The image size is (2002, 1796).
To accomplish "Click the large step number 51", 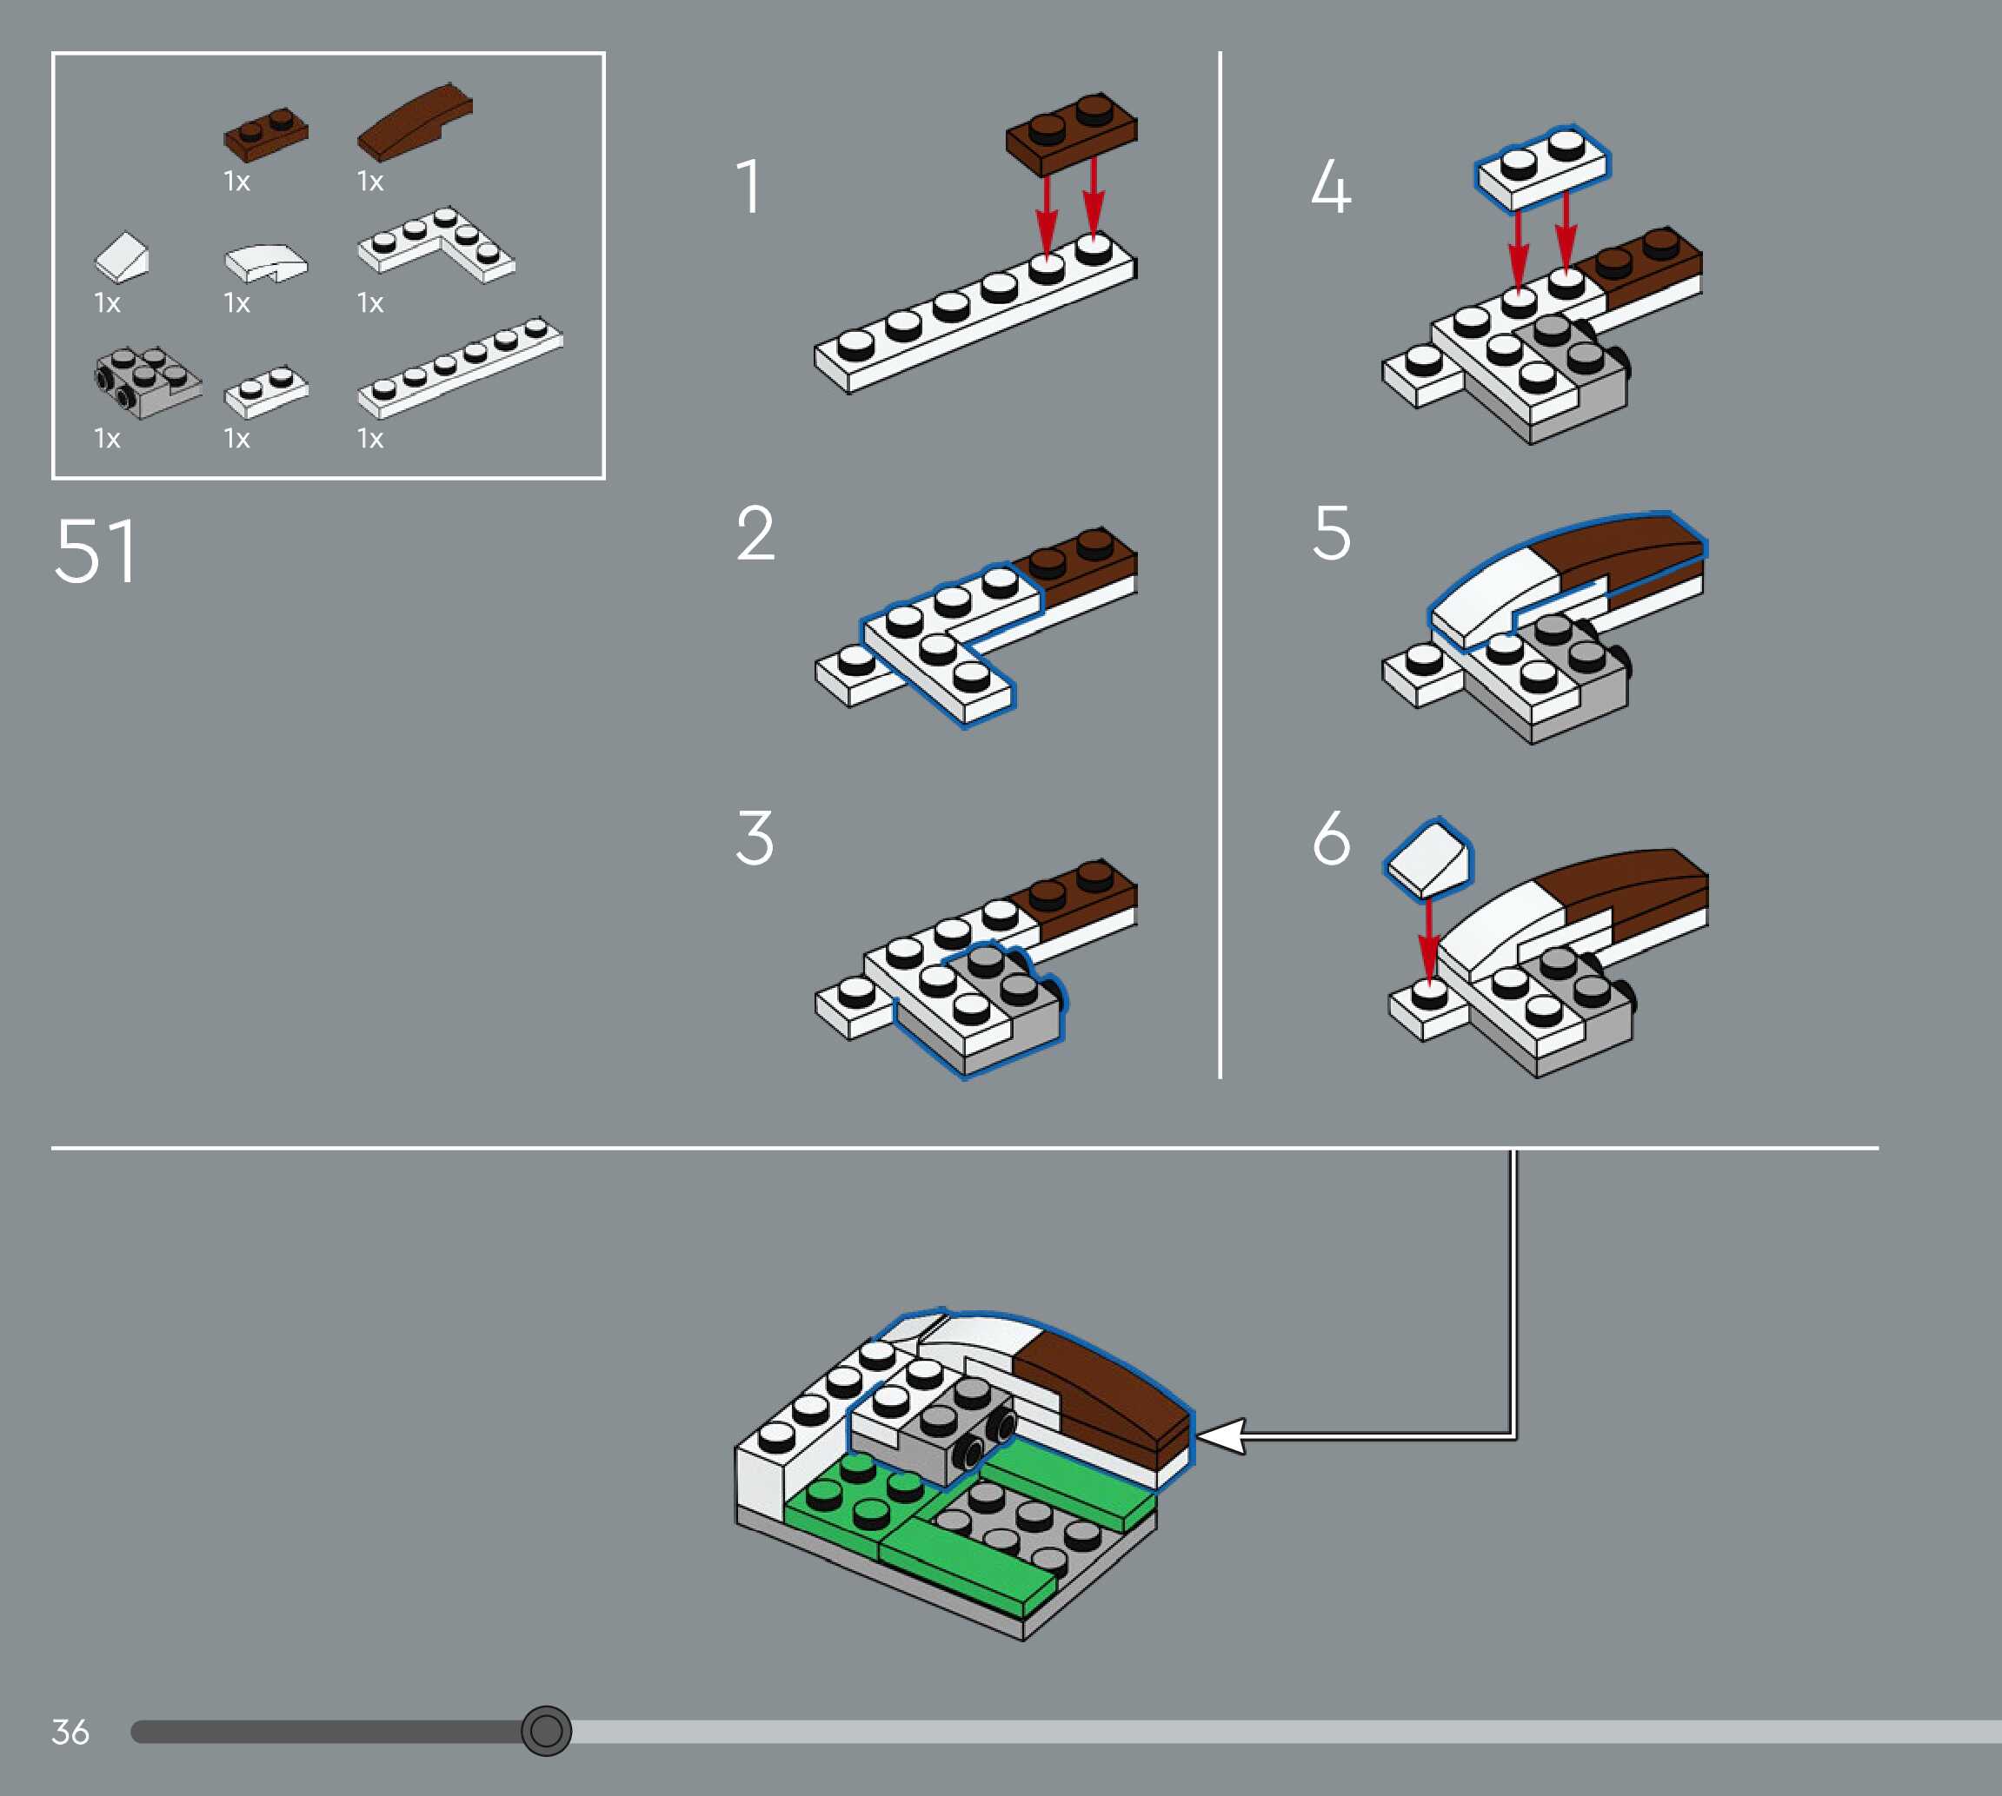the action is point(95,551).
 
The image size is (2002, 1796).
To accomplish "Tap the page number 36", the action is point(70,1731).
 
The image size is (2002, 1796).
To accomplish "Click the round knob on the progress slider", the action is point(546,1730).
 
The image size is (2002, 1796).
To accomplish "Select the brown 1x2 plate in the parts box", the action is point(265,134).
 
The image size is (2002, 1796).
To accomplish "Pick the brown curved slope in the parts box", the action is point(415,123).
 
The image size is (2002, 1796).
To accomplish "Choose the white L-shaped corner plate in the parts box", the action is point(436,245).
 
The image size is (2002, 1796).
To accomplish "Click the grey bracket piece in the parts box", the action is point(147,382).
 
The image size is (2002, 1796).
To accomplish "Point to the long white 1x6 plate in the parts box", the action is point(460,367).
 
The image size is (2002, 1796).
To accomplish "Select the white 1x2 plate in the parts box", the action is point(267,392).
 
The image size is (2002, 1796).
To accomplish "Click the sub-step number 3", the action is point(755,838).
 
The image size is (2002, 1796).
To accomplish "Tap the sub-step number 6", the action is point(1331,838).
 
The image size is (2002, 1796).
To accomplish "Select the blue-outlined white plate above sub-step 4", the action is point(1542,168).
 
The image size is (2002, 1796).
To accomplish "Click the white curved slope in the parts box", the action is point(265,262).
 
